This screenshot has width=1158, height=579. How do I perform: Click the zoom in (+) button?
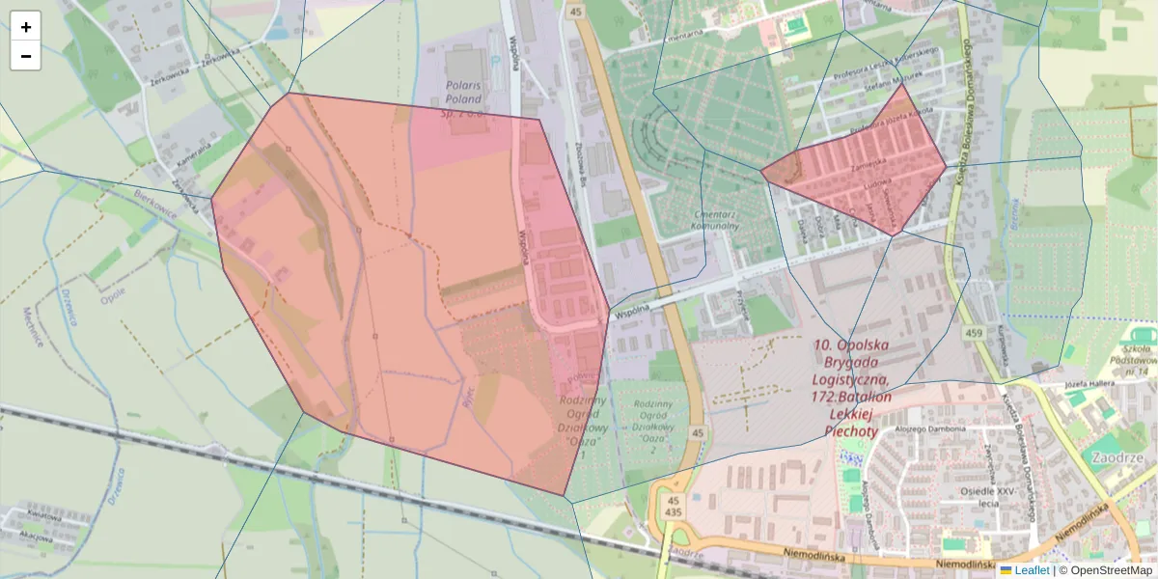26,27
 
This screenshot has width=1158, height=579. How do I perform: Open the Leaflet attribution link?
1033,570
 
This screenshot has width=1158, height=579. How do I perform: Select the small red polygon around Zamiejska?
859,169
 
